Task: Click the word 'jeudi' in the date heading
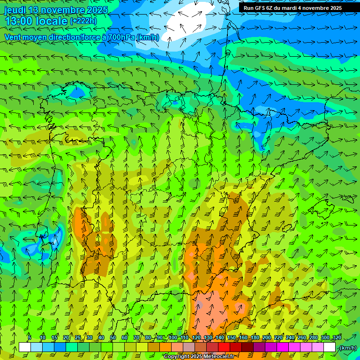pyautogui.click(x=15, y=10)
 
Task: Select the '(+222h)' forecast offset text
pyautogui.click(x=83, y=21)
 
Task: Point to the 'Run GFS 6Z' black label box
pyautogui.click(x=292, y=7)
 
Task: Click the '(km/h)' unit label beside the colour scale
pyautogui.click(x=347, y=348)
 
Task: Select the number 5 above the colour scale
pyautogui.click(x=30, y=337)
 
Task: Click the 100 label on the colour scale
pyautogui.click(x=172, y=337)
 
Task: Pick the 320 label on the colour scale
pyautogui.click(x=337, y=337)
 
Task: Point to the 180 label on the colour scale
pyautogui.click(x=255, y=337)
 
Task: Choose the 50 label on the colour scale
pyautogui.click(x=113, y=337)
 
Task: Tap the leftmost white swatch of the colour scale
pyautogui.click(x=25, y=347)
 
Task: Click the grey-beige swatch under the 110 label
pyautogui.click(x=189, y=347)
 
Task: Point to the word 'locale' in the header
pyautogui.click(x=52, y=21)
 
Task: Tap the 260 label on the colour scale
pyautogui.click(x=301, y=337)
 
